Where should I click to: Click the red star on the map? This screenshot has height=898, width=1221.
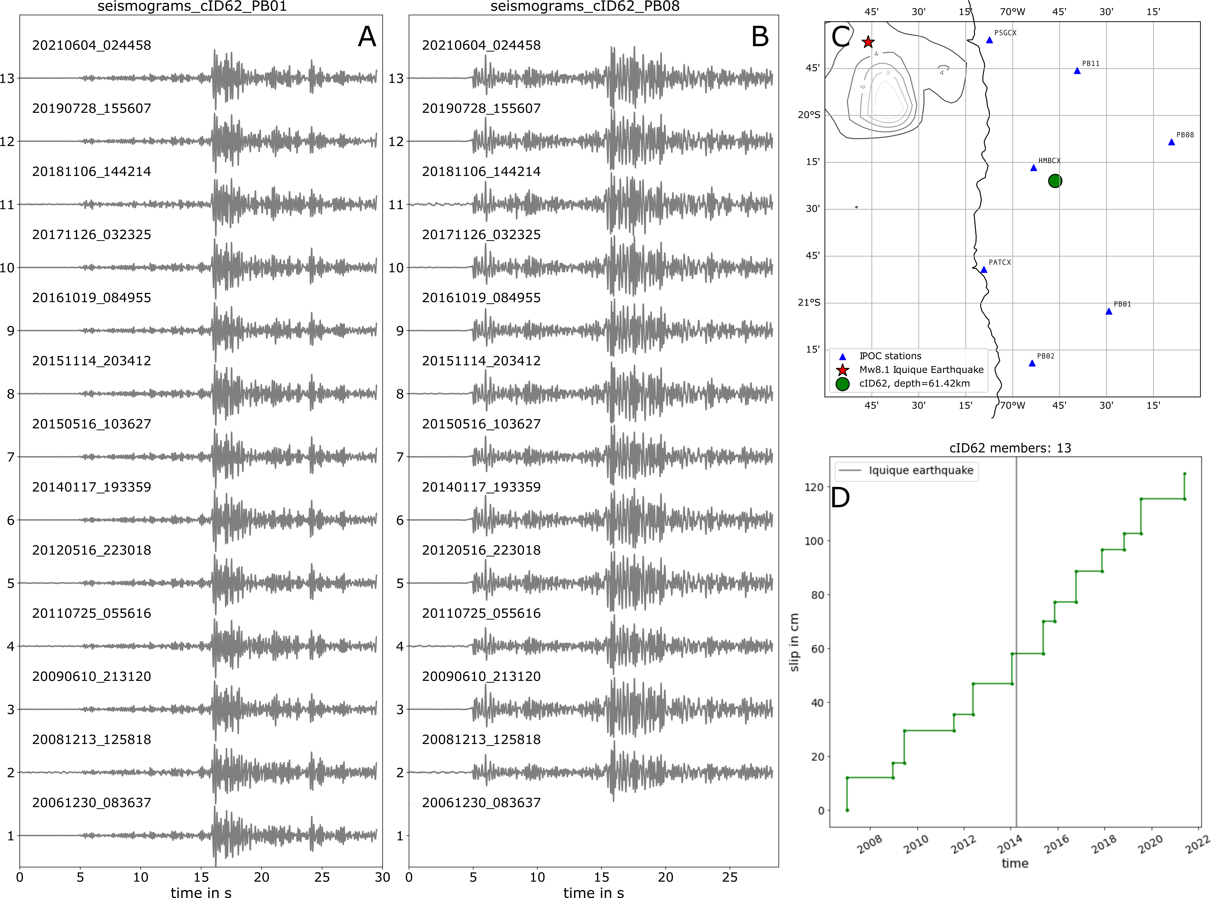868,42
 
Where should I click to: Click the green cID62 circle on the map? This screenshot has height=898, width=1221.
1055,181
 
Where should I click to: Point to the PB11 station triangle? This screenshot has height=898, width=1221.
1077,71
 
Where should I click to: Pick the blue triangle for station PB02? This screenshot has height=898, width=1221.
1032,363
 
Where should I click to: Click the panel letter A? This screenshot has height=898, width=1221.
367,37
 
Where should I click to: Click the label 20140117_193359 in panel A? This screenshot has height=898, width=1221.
91,487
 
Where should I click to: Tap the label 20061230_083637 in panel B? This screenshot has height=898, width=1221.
481,802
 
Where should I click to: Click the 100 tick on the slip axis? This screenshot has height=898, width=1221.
814,541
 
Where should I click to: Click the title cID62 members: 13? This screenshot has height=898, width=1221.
1010,448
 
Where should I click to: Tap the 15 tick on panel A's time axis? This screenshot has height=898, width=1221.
201,877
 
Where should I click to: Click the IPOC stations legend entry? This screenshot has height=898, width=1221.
890,356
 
